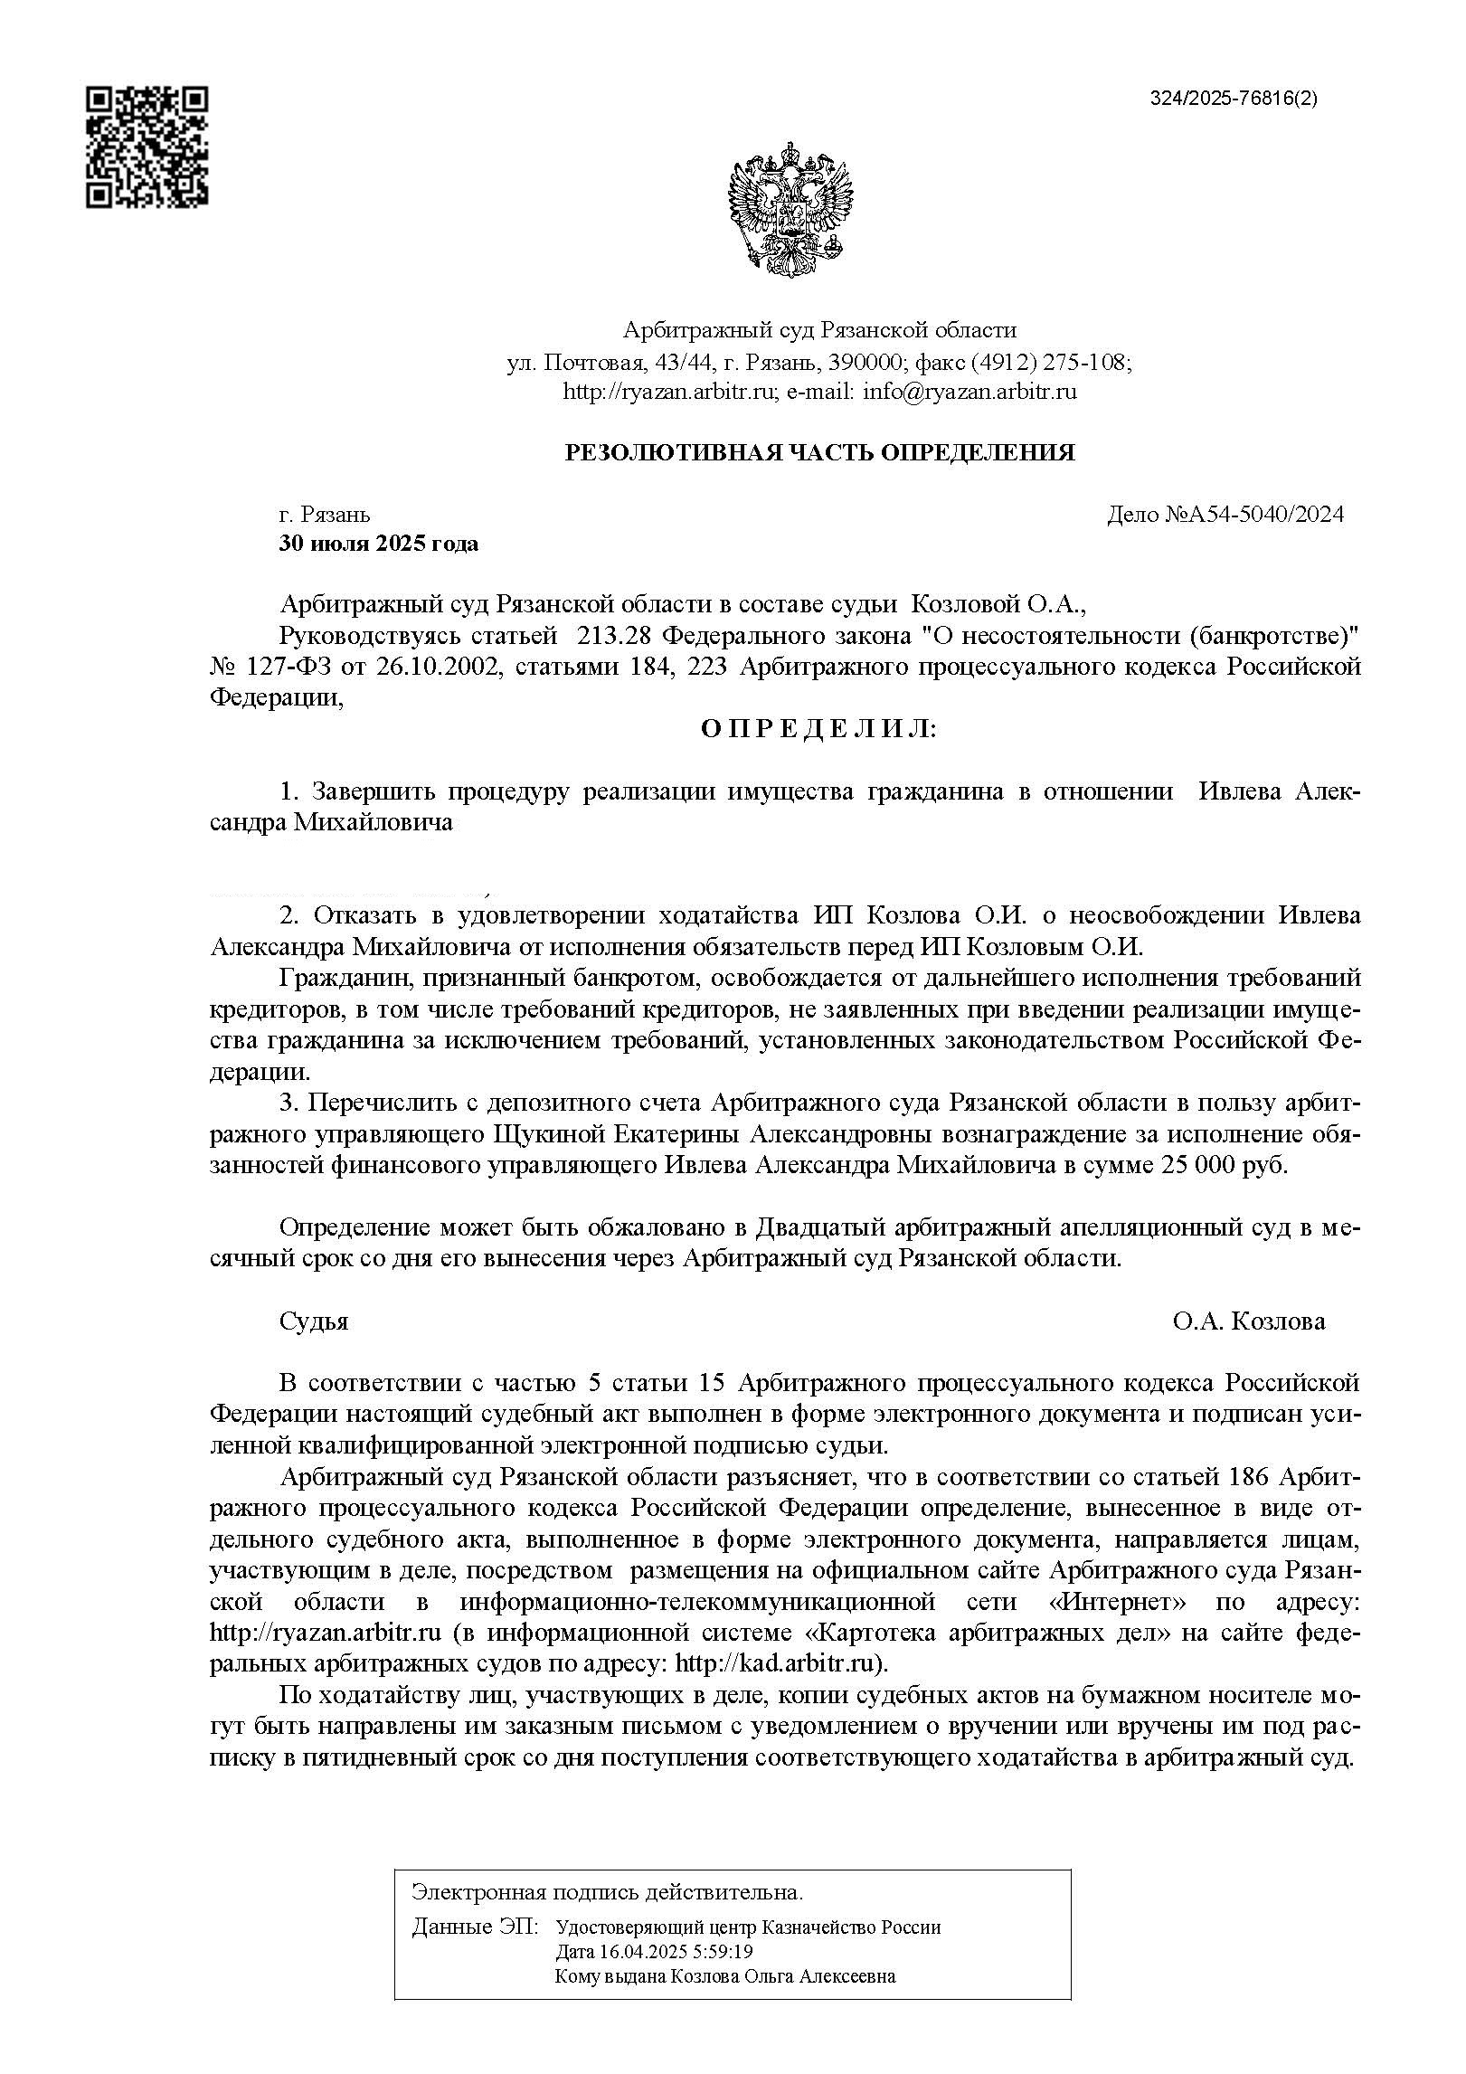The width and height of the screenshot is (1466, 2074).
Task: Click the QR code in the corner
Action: point(147,147)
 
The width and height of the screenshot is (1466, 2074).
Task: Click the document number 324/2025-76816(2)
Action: point(1234,99)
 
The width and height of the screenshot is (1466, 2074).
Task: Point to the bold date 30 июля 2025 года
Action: point(379,545)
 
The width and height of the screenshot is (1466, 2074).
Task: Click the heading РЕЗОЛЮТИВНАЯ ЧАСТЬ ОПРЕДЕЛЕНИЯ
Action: point(819,452)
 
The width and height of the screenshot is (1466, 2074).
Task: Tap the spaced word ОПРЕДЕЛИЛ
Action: point(819,728)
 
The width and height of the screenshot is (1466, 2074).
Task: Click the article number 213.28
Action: point(613,636)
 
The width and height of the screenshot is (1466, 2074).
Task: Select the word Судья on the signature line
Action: point(314,1321)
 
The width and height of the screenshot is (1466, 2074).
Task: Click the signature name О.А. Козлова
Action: point(1249,1321)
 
